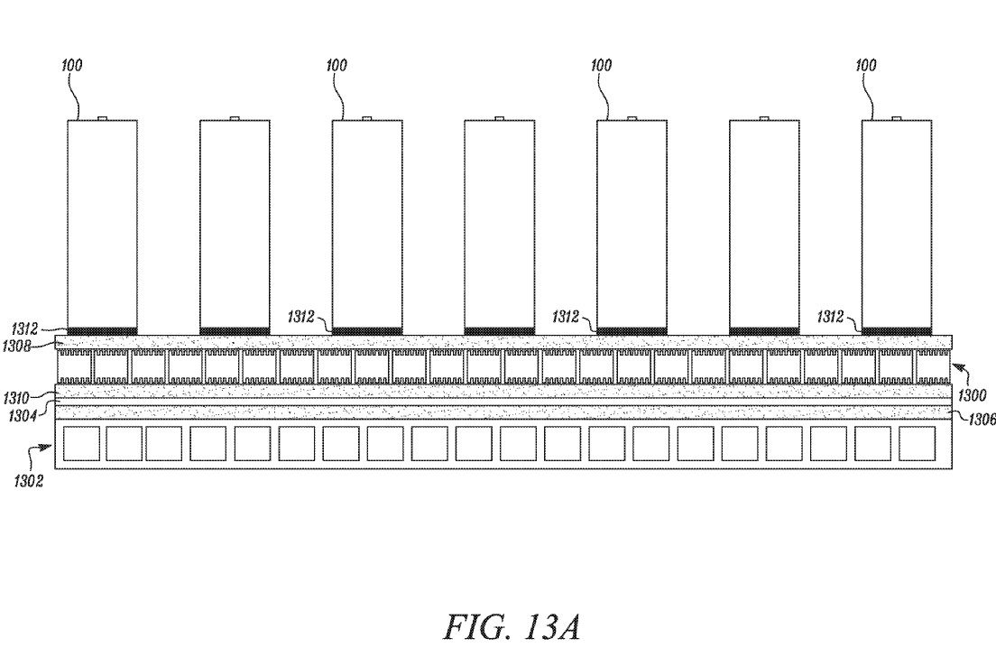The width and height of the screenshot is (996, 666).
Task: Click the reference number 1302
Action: pos(29,481)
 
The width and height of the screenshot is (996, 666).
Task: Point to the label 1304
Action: pos(22,417)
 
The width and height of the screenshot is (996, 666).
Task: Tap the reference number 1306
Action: pos(982,420)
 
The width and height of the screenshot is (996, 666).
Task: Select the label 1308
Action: pos(16,346)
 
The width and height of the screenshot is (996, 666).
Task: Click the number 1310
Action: pos(16,399)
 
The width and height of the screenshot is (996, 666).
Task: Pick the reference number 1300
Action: pos(972,395)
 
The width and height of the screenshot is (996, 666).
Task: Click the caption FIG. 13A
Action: pos(512,627)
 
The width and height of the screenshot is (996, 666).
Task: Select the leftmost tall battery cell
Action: pos(102,224)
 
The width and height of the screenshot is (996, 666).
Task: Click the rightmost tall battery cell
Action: pos(896,224)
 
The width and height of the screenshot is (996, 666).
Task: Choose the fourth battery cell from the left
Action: pos(499,224)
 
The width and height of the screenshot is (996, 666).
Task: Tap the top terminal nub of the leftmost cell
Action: pos(102,118)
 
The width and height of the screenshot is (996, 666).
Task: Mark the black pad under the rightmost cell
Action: pos(896,331)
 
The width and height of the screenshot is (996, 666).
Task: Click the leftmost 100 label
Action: pos(72,66)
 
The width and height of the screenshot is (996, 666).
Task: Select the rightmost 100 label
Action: pos(866,66)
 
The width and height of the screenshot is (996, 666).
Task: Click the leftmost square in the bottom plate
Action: pos(80,444)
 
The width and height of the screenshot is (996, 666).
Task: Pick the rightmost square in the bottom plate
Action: pos(918,444)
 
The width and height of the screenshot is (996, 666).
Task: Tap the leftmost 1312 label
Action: pos(24,329)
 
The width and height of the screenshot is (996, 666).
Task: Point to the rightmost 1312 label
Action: pos(830,317)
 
